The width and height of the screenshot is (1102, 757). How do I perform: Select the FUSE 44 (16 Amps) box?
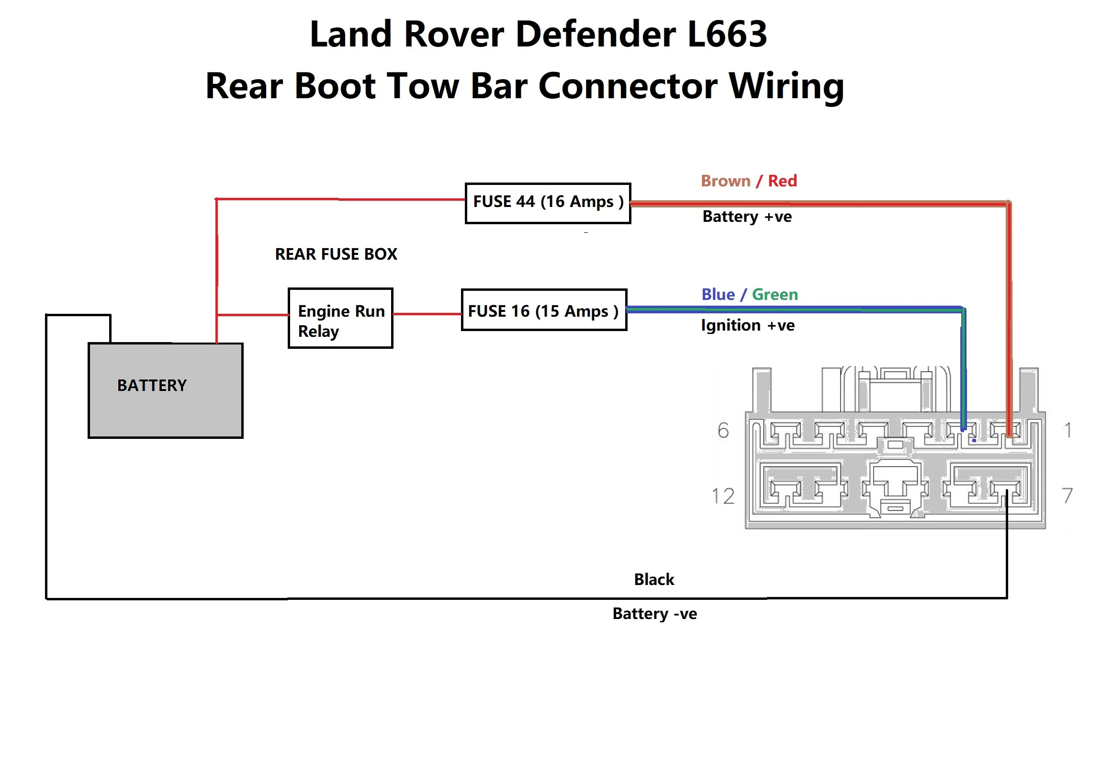click(548, 203)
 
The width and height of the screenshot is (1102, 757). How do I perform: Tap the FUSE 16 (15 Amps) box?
click(544, 310)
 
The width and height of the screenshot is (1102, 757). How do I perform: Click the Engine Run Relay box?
click(340, 319)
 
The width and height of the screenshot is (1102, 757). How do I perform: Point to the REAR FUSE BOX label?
click(336, 254)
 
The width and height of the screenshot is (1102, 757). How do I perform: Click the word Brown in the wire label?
click(725, 181)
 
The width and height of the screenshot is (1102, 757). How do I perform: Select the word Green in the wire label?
click(775, 294)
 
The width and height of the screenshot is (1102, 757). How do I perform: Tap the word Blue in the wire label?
click(718, 294)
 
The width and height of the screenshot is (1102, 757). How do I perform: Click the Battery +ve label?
click(747, 217)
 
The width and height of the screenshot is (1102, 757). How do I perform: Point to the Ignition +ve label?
click(747, 325)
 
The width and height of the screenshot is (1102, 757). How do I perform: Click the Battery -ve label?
click(654, 614)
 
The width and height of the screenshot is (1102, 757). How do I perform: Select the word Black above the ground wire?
click(654, 579)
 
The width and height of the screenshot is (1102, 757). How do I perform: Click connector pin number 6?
click(723, 430)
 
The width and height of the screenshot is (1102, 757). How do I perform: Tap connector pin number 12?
click(722, 496)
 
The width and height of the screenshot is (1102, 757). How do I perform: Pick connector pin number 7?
click(1067, 495)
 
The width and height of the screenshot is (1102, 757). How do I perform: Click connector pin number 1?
click(1068, 430)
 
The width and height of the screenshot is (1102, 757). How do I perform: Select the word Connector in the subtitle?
click(627, 86)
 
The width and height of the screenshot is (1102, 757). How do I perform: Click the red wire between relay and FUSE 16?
click(427, 314)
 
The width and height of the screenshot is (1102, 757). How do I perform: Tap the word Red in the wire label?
click(782, 181)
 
